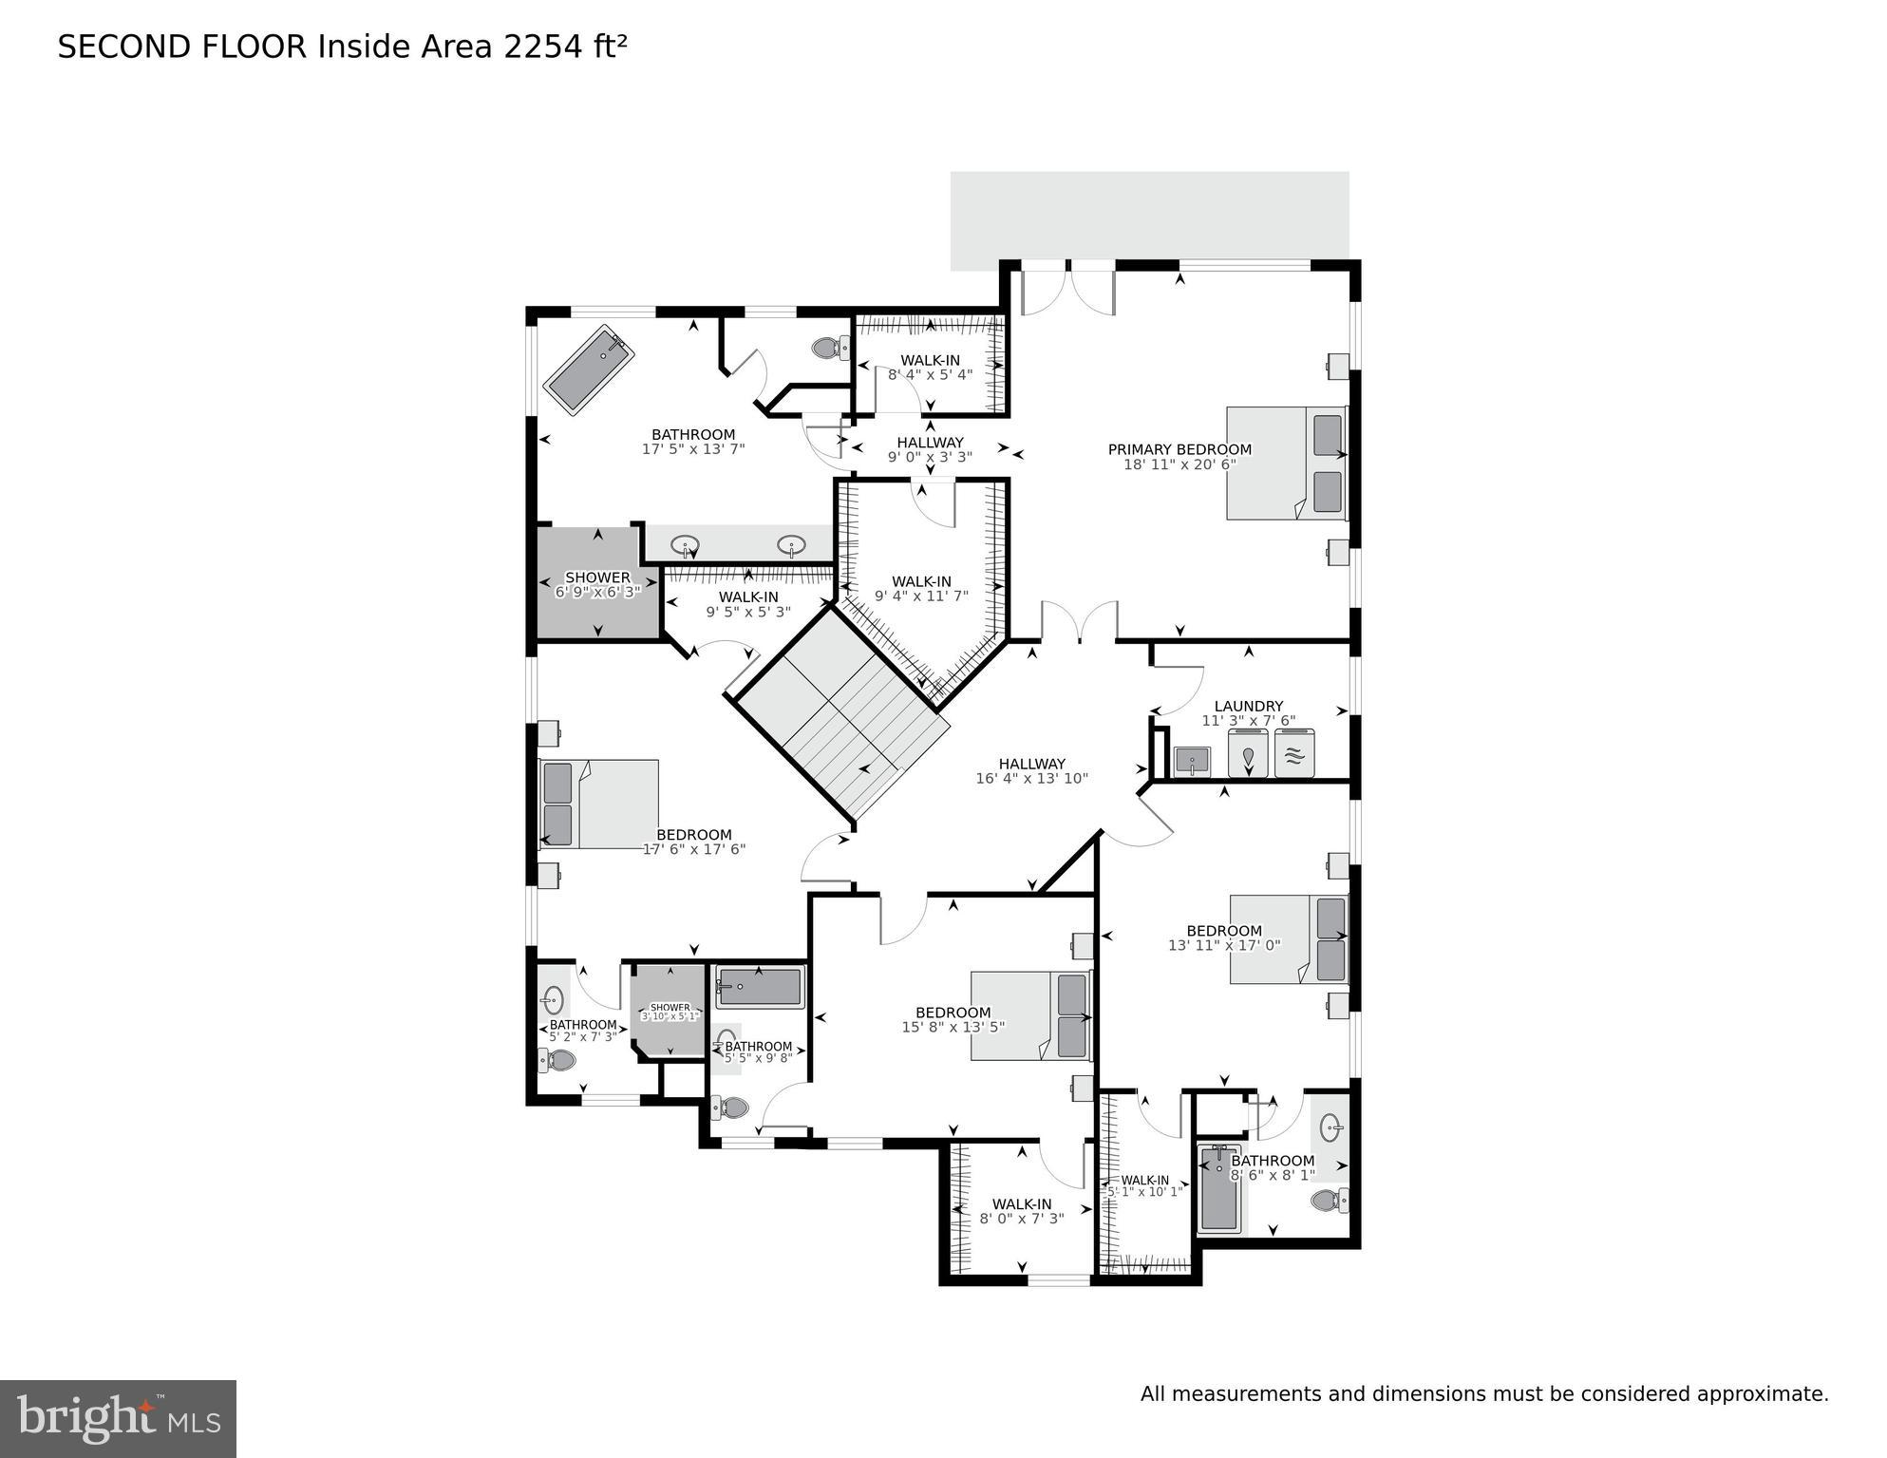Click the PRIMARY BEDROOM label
pos(1179,449)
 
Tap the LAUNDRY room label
pos(1248,706)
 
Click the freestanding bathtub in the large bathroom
pos(589,369)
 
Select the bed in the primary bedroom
pos(1286,464)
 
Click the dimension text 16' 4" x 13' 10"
pos(1031,778)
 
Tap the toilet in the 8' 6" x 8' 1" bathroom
pos(1329,1201)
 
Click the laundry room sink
pos(1192,761)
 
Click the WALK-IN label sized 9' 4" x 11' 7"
pos(921,581)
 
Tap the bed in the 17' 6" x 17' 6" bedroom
pos(598,804)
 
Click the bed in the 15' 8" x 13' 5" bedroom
pos(1030,1015)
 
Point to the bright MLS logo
pos(118,1418)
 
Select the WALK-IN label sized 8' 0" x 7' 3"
pos(1022,1203)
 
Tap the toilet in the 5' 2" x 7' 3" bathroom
pos(560,1060)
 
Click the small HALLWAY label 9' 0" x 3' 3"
pos(930,442)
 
